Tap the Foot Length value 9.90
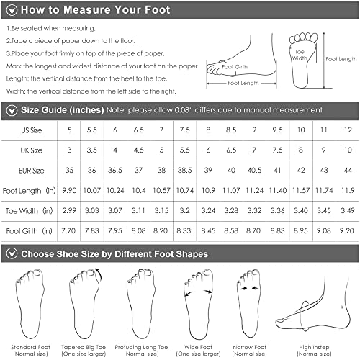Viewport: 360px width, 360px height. pyautogui.click(x=71, y=191)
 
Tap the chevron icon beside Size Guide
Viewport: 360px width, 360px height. pyautogui.click(x=10, y=109)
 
